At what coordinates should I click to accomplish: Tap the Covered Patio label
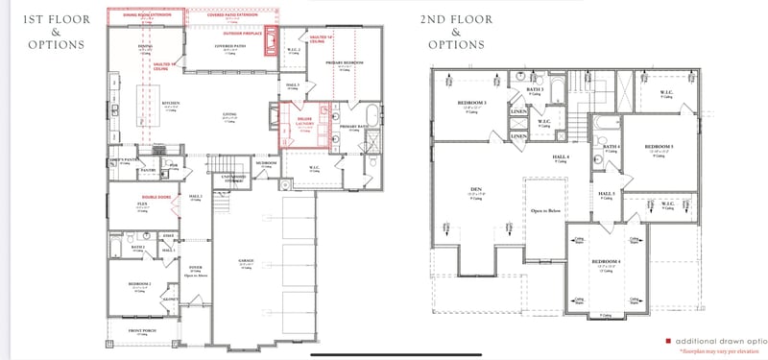click(x=228, y=44)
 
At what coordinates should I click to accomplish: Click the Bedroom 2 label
click(x=141, y=285)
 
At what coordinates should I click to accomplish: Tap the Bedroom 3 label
click(x=472, y=103)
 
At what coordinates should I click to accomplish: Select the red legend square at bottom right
click(x=668, y=341)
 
